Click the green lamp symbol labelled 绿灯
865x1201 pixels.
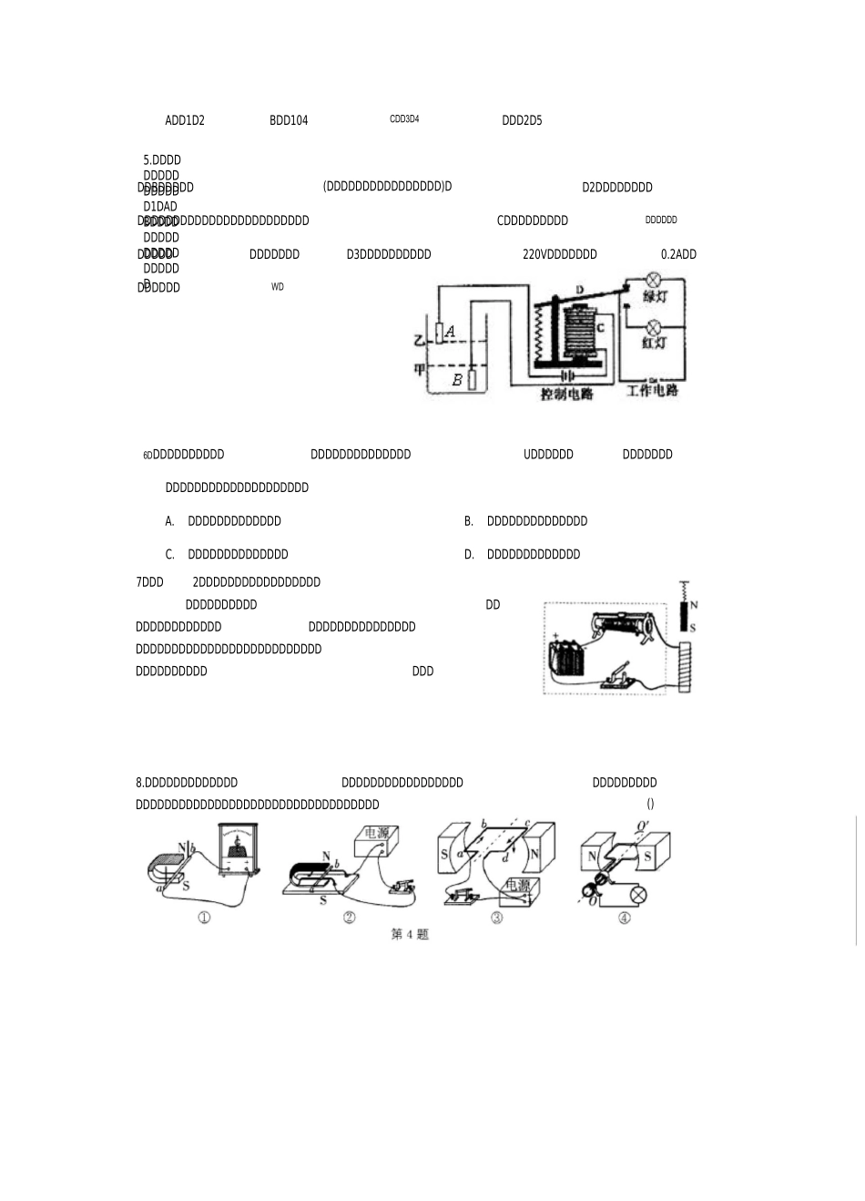[653, 281]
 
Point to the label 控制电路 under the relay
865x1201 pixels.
[566, 395]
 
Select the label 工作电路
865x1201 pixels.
[652, 391]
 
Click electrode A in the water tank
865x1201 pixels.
[439, 334]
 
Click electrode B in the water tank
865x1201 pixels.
[473, 379]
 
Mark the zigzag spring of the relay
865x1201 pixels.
[540, 334]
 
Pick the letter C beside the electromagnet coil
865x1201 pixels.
[600, 328]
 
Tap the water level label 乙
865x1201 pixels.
[419, 341]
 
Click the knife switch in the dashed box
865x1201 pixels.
[618, 679]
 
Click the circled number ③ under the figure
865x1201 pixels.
[497, 918]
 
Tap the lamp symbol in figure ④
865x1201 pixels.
[639, 896]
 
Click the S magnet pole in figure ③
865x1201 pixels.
[445, 854]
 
